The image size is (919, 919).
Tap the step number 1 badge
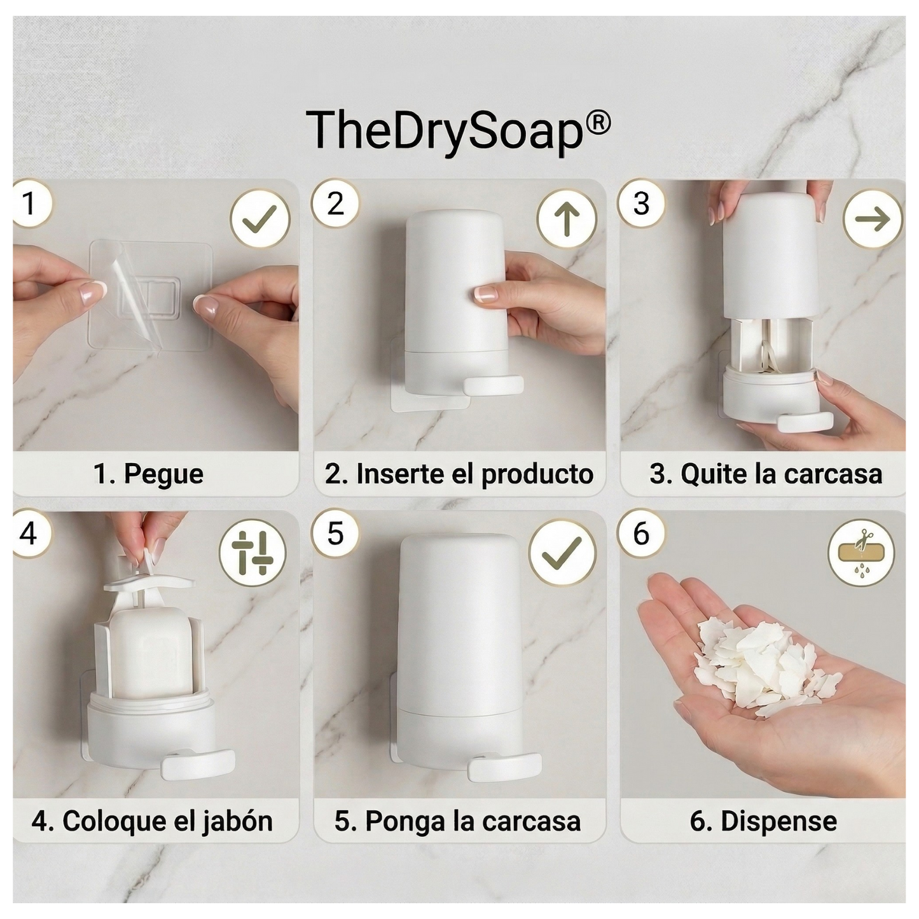point(29,204)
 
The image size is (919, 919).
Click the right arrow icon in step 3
point(872,219)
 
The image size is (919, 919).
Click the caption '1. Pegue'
point(149,474)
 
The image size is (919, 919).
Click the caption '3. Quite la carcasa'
point(766,474)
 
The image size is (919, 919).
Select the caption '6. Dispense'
point(763,821)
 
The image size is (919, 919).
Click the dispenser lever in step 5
point(504,766)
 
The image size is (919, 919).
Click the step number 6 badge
point(641,533)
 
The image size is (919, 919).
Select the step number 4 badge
point(29,533)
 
